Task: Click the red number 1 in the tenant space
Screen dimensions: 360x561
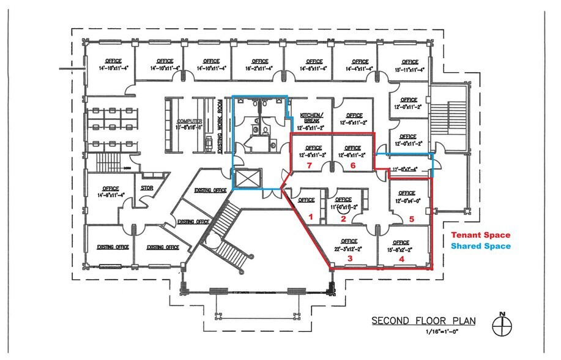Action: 310,216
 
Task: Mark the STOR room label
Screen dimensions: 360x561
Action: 147,188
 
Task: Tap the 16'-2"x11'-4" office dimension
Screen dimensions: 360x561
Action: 260,69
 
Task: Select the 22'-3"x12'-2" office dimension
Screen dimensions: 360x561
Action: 349,249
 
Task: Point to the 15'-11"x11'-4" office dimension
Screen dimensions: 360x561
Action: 409,70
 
